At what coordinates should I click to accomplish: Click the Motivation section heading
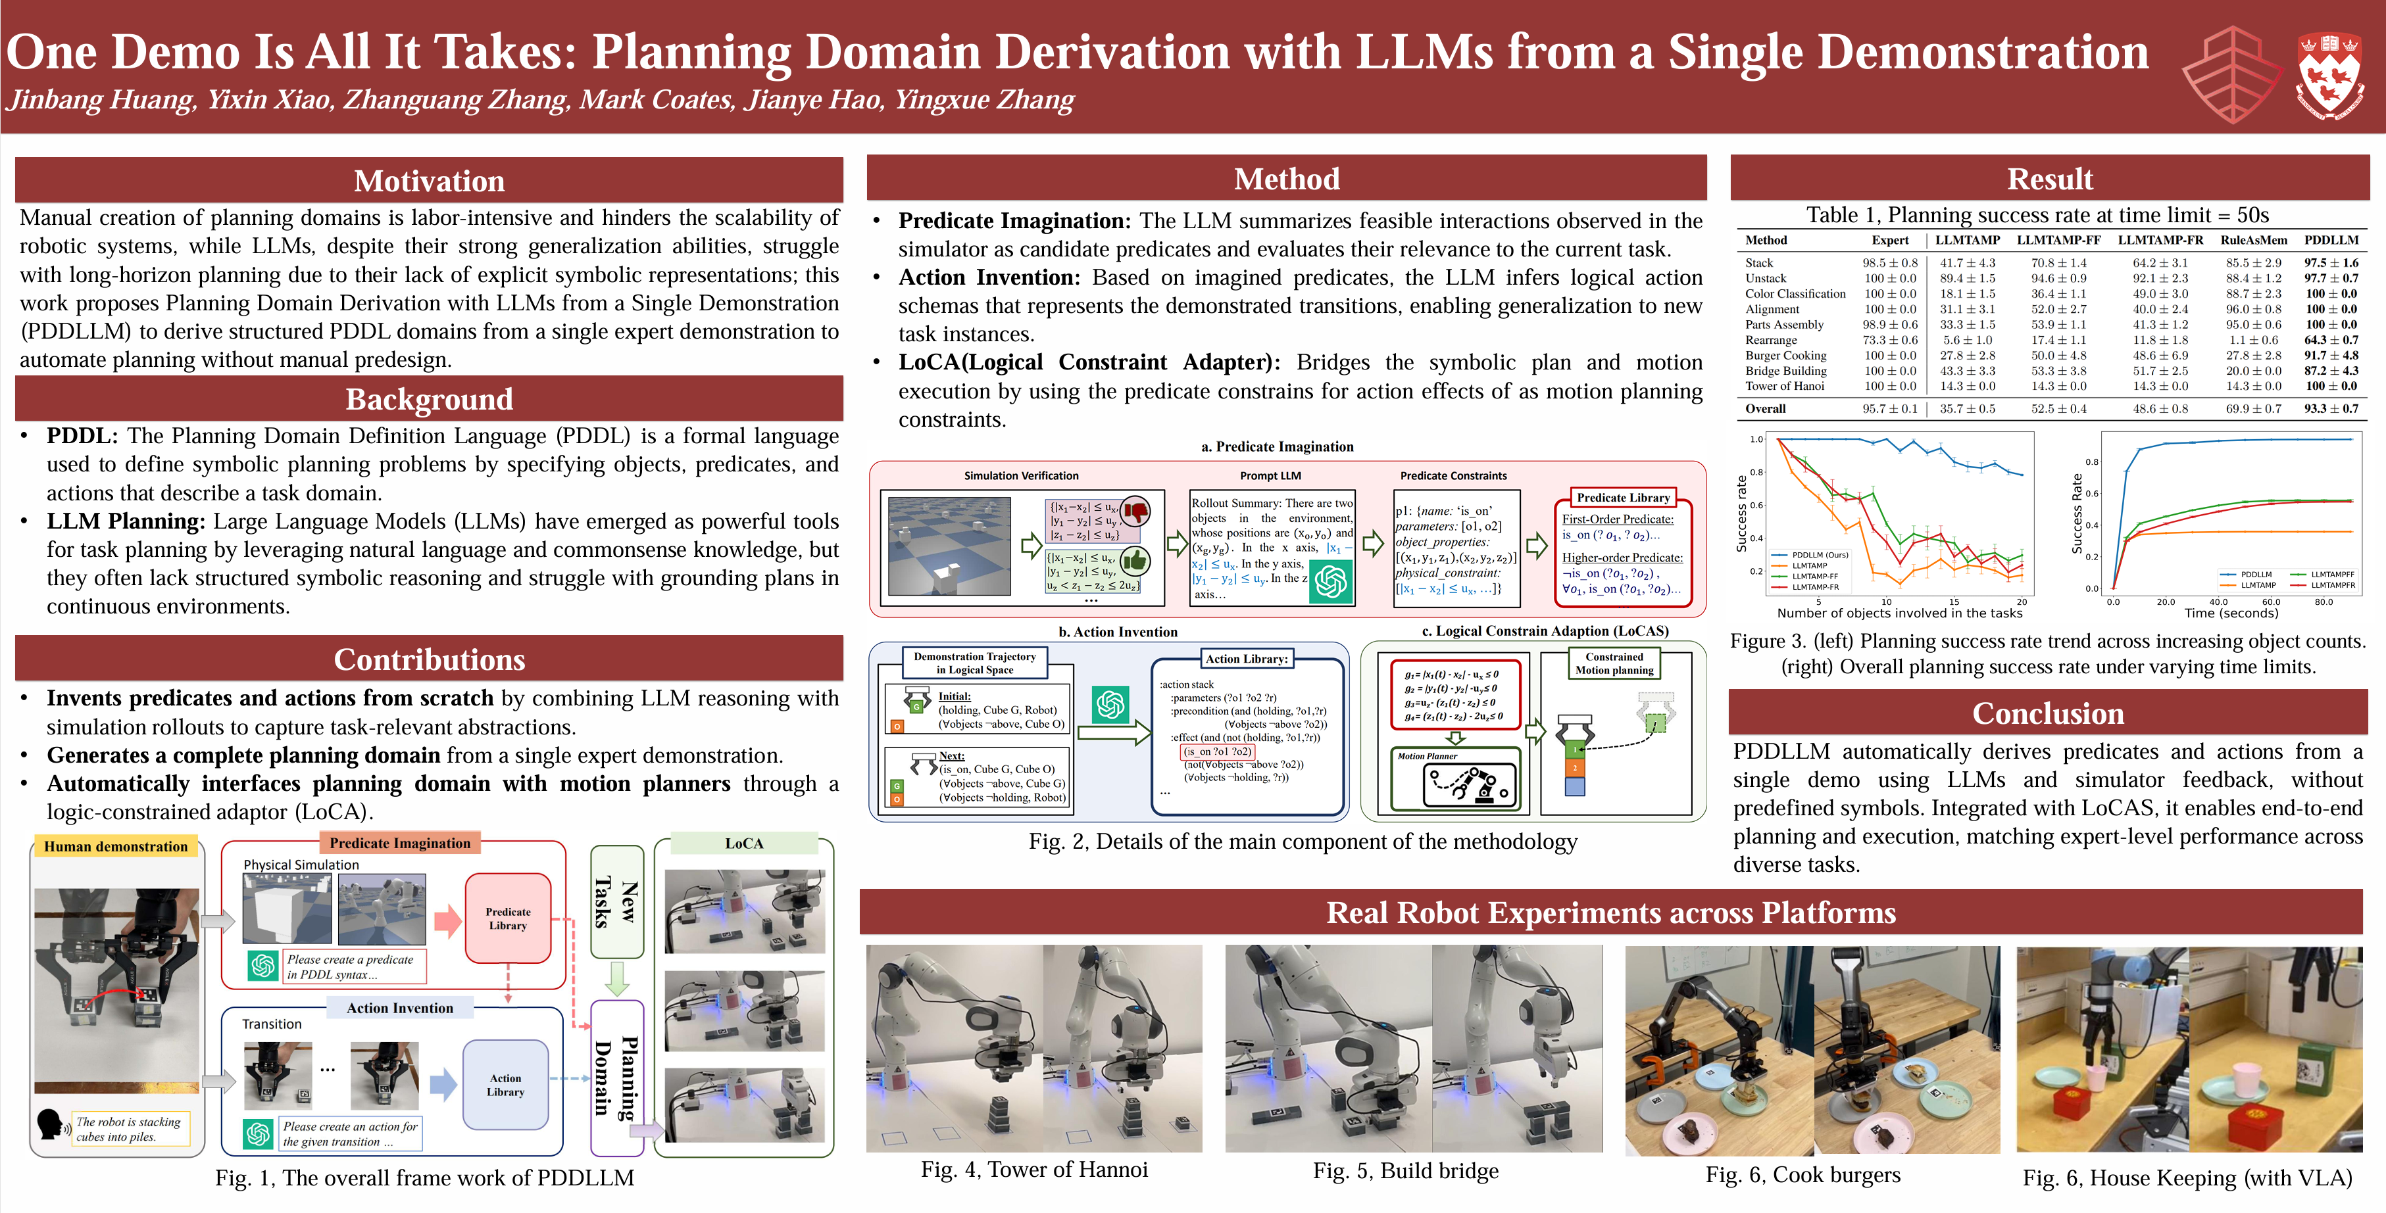(429, 181)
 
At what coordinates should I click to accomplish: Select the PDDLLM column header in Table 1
(2331, 240)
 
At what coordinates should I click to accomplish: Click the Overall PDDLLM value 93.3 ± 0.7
(2331, 408)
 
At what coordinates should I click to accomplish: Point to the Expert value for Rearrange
(1889, 340)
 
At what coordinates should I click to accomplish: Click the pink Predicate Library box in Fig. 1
(508, 918)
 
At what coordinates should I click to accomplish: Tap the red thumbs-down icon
(1135, 510)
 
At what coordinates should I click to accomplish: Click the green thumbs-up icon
(1135, 560)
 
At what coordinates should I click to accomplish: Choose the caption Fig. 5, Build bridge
(1405, 1172)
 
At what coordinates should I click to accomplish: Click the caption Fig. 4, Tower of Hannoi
(1033, 1170)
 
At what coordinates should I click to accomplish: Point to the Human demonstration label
(116, 846)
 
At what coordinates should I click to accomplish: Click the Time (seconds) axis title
(2230, 613)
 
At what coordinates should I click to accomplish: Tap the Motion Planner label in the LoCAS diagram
(1428, 757)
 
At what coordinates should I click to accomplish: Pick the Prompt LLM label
(1270, 476)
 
